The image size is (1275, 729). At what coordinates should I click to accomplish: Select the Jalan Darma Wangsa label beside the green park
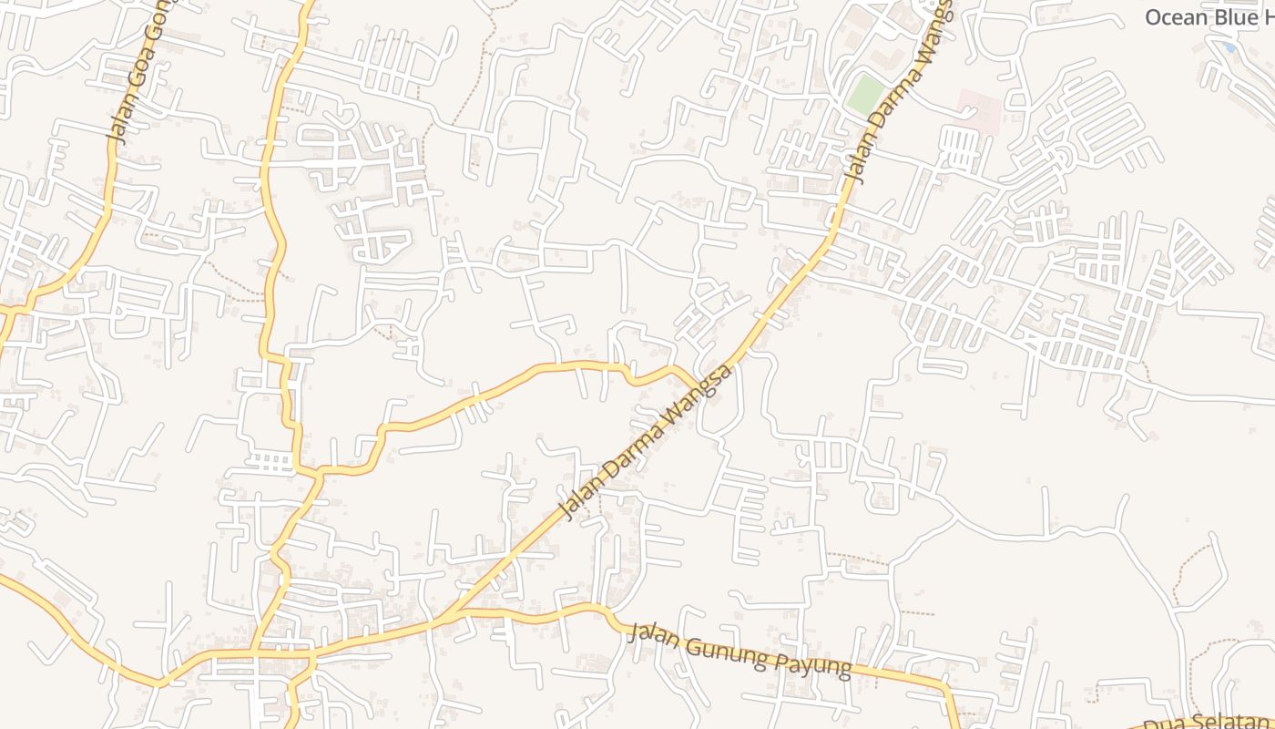(897, 91)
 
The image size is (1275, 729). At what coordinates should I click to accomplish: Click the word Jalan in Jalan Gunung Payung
(652, 634)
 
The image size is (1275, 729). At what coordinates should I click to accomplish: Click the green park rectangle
(864, 95)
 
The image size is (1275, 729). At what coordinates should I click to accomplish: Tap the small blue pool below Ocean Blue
(1230, 47)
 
